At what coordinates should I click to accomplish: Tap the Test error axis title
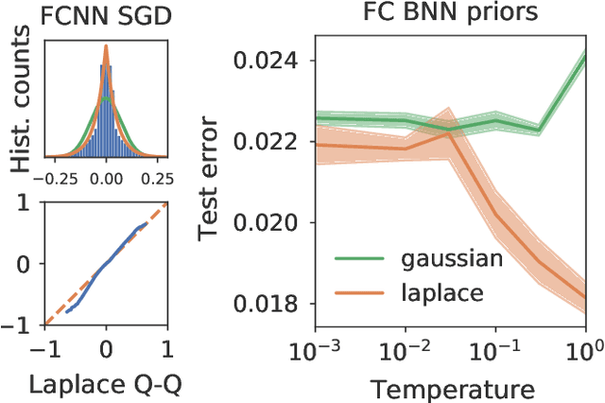coord(210,180)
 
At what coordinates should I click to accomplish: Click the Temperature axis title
coord(441,388)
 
